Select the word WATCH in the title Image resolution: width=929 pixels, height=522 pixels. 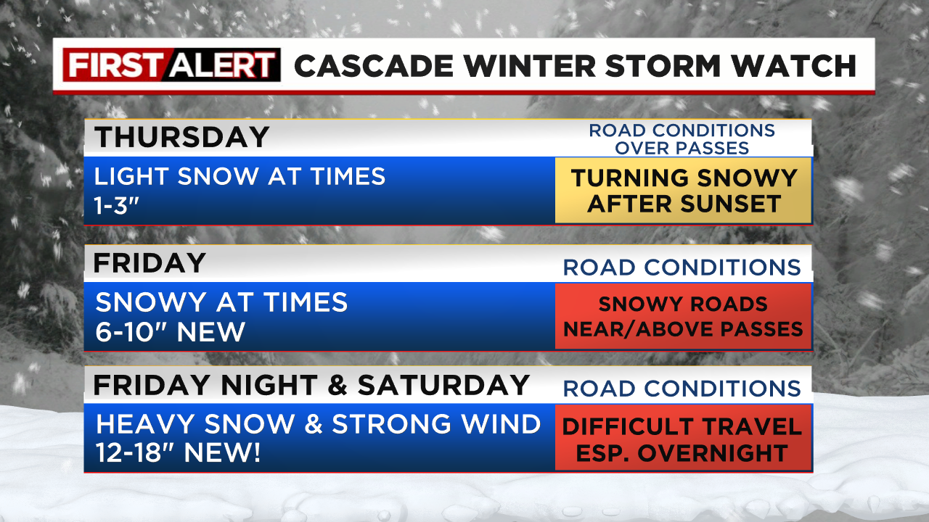click(794, 66)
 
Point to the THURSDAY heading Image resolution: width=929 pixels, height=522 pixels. click(182, 137)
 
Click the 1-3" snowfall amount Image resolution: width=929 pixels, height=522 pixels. click(117, 205)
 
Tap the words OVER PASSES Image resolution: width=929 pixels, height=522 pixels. click(682, 149)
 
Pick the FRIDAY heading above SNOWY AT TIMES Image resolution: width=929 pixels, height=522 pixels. click(150, 262)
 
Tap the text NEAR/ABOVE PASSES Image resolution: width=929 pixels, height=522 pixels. click(683, 329)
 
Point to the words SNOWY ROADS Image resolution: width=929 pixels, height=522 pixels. click(683, 304)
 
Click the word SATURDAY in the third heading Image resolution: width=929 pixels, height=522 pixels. click(443, 385)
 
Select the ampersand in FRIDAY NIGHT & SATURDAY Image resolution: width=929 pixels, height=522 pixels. click(337, 385)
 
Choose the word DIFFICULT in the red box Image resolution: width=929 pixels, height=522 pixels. click(624, 427)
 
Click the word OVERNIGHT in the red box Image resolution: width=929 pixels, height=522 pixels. click(713, 453)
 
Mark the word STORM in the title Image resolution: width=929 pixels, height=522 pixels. click(663, 66)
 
